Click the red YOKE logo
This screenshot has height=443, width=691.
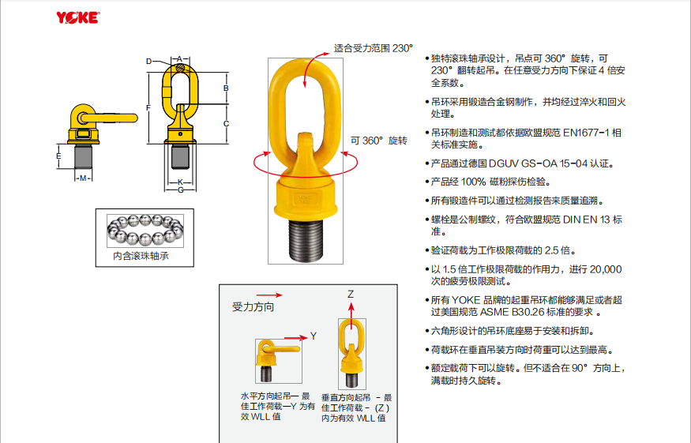(77, 17)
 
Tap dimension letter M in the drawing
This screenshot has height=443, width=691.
(83, 178)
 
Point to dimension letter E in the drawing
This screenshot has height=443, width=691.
(58, 156)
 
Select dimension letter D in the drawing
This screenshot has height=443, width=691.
(149, 62)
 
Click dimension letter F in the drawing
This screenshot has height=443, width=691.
(148, 107)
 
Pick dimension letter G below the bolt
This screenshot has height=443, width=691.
(180, 190)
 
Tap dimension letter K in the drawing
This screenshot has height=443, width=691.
(180, 182)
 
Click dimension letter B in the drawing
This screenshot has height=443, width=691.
(226, 88)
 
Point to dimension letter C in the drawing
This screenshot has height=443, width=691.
(226, 123)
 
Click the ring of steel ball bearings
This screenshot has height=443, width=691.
(145, 230)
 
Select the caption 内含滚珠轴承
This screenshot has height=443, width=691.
(141, 256)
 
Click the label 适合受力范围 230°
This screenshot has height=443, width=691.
(374, 48)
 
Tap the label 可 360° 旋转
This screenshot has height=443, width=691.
(379, 141)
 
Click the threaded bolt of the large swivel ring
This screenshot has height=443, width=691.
(306, 239)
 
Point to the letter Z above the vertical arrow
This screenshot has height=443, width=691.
(351, 294)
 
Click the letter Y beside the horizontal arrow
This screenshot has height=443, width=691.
(314, 336)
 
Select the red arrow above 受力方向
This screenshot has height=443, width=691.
(269, 295)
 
